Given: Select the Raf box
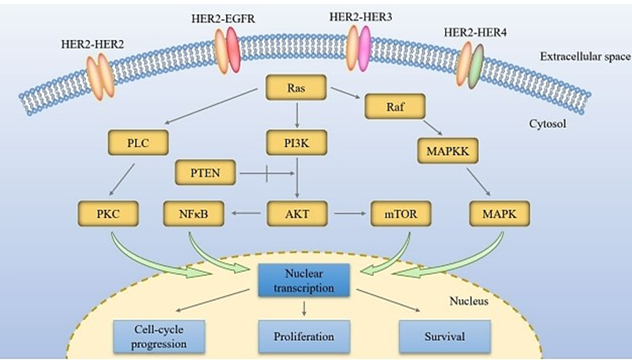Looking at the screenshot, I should click(395, 107).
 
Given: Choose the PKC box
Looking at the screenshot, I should click(108, 215).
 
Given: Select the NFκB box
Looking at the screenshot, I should click(191, 215).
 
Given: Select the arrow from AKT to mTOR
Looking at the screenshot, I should click(348, 215).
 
